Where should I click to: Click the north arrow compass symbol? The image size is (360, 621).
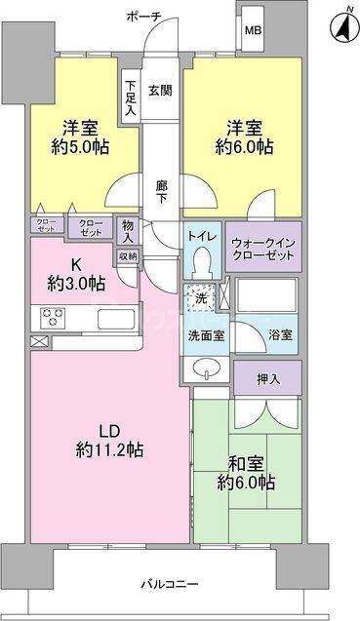click(342, 25)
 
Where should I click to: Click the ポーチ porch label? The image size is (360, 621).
click(144, 17)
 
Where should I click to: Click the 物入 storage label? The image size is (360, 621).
click(128, 230)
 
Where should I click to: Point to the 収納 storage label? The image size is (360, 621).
click(128, 255)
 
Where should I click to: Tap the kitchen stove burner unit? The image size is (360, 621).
click(52, 318)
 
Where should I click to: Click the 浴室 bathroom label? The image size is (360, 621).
click(281, 333)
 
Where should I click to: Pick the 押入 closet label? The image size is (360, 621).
click(267, 377)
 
